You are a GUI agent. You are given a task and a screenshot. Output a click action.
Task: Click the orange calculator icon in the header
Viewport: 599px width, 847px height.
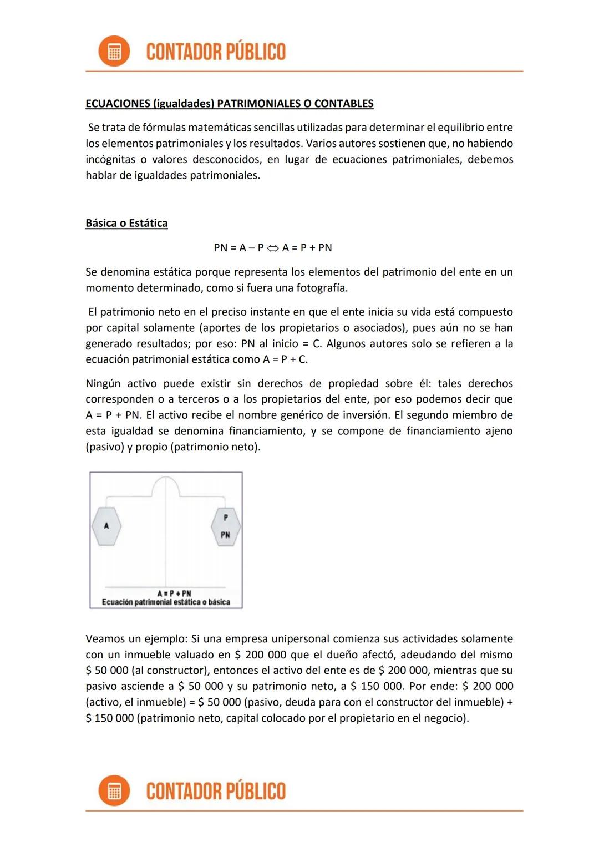coord(114,52)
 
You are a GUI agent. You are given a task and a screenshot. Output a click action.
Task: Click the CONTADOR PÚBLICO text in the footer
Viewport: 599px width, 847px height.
coord(216,791)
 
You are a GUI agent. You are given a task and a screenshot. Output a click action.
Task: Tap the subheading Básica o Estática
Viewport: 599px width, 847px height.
coord(126,223)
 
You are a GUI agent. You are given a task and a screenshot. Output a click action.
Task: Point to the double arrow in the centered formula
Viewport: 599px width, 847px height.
coord(273,248)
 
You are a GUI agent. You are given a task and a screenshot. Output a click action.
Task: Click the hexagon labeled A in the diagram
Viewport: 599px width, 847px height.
coord(106,526)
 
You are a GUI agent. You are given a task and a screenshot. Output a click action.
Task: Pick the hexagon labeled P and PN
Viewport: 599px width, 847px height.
coord(225,526)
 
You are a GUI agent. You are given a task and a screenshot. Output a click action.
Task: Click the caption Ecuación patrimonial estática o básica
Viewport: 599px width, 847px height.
coord(166,602)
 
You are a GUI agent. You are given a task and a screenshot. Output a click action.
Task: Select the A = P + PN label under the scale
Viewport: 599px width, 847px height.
coord(174,593)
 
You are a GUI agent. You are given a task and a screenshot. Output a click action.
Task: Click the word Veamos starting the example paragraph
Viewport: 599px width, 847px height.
coord(105,638)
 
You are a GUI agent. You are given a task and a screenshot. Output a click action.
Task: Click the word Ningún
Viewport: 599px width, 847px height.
coord(103,383)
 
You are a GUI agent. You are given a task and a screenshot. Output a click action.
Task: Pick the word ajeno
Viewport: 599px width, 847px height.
coord(499,431)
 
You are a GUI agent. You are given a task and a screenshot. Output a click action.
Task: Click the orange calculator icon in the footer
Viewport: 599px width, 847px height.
coord(114,791)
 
